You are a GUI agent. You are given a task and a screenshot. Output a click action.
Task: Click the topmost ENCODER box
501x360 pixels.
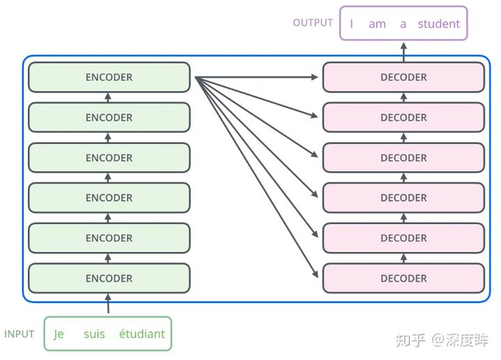[109, 77]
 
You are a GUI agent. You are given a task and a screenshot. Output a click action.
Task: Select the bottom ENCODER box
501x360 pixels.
[109, 279]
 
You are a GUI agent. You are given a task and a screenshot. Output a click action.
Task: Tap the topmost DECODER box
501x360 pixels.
[404, 77]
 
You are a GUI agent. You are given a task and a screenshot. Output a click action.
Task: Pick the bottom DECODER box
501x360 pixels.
[404, 279]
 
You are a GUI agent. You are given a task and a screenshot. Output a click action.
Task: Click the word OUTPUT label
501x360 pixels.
[312, 23]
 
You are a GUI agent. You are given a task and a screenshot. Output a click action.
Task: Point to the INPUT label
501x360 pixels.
[19, 334]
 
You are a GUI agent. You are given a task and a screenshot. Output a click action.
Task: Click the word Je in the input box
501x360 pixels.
[58, 334]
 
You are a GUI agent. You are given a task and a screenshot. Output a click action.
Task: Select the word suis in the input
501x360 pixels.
[94, 334]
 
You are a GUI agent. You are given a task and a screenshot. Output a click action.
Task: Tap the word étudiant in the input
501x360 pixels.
[142, 334]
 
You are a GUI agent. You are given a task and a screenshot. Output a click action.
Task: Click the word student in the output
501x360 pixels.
[438, 24]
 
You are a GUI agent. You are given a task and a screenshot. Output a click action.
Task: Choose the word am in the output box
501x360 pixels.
[377, 24]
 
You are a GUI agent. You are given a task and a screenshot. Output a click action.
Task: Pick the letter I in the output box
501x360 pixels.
[351, 24]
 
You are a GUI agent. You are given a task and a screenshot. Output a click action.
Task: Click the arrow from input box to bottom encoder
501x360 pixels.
[108, 304]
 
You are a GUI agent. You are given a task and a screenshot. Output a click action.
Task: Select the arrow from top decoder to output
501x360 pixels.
[404, 51]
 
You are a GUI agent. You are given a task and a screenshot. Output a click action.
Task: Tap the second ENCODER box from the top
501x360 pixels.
[109, 118]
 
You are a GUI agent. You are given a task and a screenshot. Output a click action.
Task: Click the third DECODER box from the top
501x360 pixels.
[404, 158]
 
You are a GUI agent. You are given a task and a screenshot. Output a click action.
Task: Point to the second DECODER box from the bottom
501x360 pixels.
[404, 238]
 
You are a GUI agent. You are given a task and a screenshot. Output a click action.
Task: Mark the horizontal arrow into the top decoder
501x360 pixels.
[257, 77]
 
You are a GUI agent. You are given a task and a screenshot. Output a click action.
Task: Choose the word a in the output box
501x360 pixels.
[403, 24]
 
